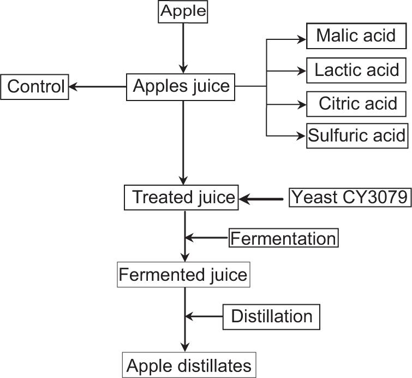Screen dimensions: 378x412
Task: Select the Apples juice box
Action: click(x=182, y=86)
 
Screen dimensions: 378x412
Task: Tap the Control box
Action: click(x=35, y=86)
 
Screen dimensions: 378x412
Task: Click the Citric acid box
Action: click(x=357, y=103)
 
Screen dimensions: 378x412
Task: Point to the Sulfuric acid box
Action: click(x=357, y=135)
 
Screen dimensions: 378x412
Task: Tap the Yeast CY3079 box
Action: click(x=349, y=197)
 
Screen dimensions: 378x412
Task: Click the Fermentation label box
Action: click(x=283, y=238)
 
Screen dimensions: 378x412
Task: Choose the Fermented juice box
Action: click(x=183, y=274)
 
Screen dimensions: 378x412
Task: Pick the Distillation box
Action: click(x=271, y=316)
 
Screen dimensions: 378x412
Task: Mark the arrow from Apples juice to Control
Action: click(x=98, y=86)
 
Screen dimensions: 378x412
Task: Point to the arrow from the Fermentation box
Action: click(x=207, y=238)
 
